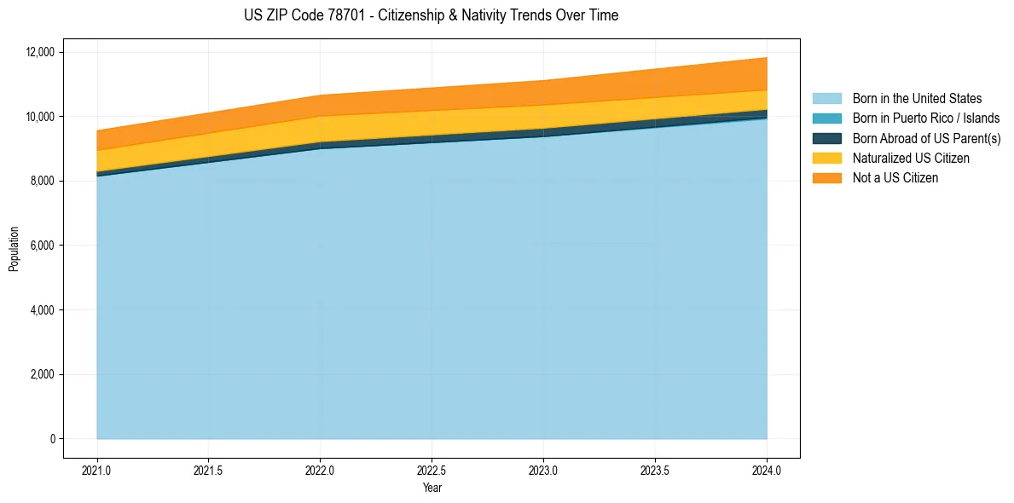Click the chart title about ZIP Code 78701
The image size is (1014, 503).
(x=431, y=15)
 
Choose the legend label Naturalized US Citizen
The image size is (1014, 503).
(x=911, y=159)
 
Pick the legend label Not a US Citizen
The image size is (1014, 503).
(x=895, y=178)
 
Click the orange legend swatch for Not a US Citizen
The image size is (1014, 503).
(x=826, y=178)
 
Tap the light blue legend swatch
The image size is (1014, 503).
(x=826, y=99)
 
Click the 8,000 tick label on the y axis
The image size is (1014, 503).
(x=42, y=181)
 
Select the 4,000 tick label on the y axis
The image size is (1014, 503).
(x=42, y=310)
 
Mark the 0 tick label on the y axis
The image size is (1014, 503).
(x=52, y=439)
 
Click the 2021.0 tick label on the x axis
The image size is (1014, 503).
(x=97, y=470)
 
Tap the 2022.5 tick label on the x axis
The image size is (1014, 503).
(x=432, y=470)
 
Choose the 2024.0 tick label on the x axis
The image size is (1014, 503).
(x=767, y=470)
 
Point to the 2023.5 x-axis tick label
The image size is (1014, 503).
(x=655, y=470)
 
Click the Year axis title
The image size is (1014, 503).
(x=432, y=489)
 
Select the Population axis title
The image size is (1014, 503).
(x=14, y=249)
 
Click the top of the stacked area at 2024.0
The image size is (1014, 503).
(x=767, y=58)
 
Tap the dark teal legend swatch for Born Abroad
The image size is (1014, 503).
(x=826, y=138)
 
